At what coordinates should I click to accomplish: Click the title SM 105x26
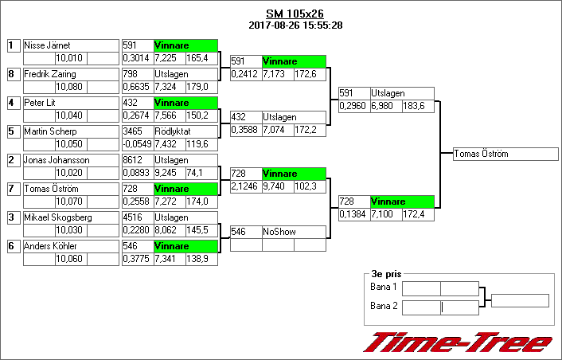(295, 14)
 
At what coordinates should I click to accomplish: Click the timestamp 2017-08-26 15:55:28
(295, 25)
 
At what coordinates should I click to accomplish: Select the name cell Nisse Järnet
(70, 45)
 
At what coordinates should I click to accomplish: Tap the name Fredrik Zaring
(70, 74)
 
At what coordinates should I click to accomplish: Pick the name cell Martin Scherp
(70, 131)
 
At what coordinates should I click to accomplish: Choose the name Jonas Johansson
(70, 160)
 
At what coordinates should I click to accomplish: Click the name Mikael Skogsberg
(70, 217)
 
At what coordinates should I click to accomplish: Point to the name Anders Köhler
(70, 246)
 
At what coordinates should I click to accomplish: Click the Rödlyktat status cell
(185, 131)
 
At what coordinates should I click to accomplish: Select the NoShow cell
(293, 232)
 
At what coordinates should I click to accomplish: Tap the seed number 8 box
(12, 74)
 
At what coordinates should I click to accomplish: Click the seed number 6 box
(12, 246)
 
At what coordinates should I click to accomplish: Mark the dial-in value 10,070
(70, 202)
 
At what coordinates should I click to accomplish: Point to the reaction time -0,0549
(137, 144)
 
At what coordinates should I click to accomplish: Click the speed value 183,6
(418, 106)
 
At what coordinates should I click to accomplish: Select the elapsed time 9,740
(277, 186)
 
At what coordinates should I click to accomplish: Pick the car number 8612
(137, 160)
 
